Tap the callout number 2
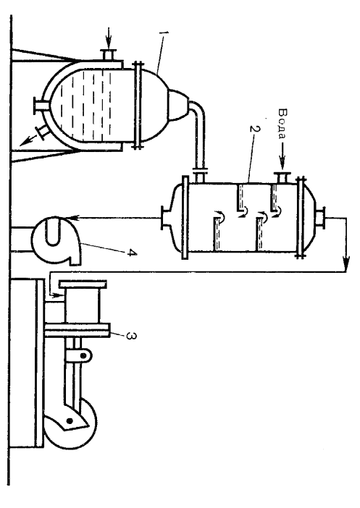255,129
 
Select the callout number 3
130,336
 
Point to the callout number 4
130,253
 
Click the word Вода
282,123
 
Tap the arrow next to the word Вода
282,156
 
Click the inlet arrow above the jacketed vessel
109,38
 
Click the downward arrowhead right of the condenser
346,264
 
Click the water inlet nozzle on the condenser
282,178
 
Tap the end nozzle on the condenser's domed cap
321,217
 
